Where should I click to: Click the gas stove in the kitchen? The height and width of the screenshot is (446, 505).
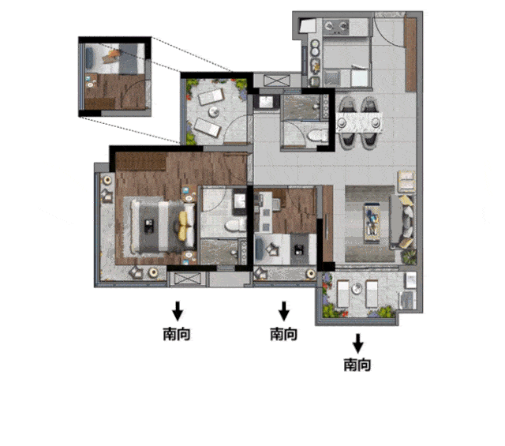(x=336, y=27)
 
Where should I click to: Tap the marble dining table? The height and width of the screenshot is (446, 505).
(x=359, y=122)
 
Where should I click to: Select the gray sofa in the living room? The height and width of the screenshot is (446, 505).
(x=402, y=222)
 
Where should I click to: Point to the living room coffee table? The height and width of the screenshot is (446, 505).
(x=372, y=223)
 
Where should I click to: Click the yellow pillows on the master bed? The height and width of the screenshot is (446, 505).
(x=182, y=226)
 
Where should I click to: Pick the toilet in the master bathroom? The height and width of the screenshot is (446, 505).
(x=235, y=226)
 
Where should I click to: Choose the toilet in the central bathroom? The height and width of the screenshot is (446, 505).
(x=317, y=135)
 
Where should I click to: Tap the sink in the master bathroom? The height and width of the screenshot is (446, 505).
(x=239, y=202)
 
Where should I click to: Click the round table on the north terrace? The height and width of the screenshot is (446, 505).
(x=213, y=112)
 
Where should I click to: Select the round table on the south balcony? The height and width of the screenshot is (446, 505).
(x=357, y=288)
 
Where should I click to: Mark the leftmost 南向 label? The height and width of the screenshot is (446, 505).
(x=177, y=334)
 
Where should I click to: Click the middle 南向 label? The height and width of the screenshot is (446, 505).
(x=283, y=334)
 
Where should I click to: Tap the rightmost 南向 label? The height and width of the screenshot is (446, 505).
(x=357, y=365)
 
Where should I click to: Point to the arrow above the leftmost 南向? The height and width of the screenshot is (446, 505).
(x=177, y=311)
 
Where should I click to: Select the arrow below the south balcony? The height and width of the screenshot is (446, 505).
(x=357, y=343)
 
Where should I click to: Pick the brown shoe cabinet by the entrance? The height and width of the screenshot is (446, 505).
(x=410, y=54)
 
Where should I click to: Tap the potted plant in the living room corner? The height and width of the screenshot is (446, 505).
(x=410, y=257)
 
